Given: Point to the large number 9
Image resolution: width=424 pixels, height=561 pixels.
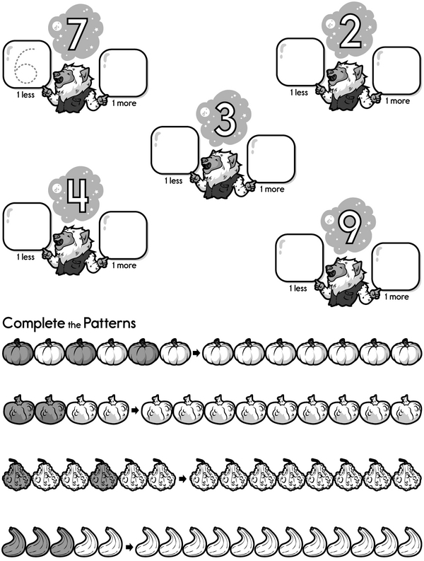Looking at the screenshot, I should [349, 229].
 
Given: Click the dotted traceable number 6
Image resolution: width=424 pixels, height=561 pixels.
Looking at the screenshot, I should [25, 67].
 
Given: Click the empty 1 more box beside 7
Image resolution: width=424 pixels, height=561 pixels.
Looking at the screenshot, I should [124, 74].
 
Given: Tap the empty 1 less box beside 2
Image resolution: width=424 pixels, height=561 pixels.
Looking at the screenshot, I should [299, 60].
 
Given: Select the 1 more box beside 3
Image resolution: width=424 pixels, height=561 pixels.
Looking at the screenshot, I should [271, 158].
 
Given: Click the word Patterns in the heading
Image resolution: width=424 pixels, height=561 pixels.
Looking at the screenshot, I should [111, 323].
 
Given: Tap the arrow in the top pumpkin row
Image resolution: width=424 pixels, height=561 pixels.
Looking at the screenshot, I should [195, 352].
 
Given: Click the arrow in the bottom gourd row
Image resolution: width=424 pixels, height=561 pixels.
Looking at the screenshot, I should [129, 546].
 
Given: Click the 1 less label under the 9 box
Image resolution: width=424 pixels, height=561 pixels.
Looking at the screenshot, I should [298, 288].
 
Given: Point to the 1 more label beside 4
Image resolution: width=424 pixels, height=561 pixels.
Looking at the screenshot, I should [124, 265].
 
